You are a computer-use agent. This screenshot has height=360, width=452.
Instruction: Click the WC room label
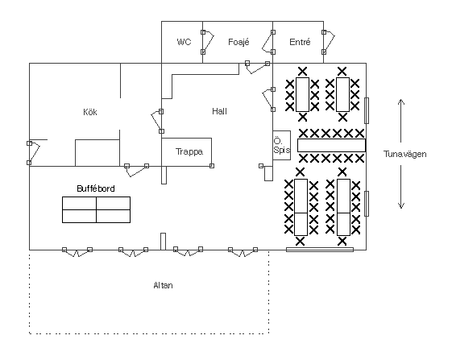pos(184,42)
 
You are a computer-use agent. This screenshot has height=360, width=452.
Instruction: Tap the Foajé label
pos(238,42)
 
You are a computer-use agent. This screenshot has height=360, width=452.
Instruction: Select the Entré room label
pos(300,42)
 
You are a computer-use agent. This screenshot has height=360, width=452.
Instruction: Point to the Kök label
pos(90,112)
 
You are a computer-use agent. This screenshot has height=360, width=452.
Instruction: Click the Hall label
pos(219,111)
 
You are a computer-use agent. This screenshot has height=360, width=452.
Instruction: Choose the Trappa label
pos(189,151)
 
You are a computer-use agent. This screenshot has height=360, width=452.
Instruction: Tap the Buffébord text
pos(96,188)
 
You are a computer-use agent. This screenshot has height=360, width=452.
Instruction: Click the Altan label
pos(164,285)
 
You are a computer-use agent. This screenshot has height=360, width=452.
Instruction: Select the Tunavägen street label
pos(404,154)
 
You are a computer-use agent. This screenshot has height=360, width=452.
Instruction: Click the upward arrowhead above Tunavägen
pos(401,101)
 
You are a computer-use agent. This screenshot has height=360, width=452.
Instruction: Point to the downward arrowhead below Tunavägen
pos(401,205)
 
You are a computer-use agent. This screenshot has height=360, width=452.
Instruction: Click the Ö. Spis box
pos(282,145)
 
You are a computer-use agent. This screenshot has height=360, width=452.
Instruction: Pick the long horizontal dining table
pos(331,145)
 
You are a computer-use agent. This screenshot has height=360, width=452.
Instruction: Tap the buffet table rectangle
pos(96,210)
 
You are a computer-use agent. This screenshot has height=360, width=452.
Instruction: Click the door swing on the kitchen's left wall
pos(34,153)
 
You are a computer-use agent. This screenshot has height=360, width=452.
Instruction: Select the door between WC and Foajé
pos(208,42)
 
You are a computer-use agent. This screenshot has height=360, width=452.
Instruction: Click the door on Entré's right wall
pos(329,42)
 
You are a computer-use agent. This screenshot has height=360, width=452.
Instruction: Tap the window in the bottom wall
pos(320,250)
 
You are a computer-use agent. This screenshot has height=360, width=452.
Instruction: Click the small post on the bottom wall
pos(164,242)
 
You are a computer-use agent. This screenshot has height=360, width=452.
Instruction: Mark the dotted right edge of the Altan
pos(268,292)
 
